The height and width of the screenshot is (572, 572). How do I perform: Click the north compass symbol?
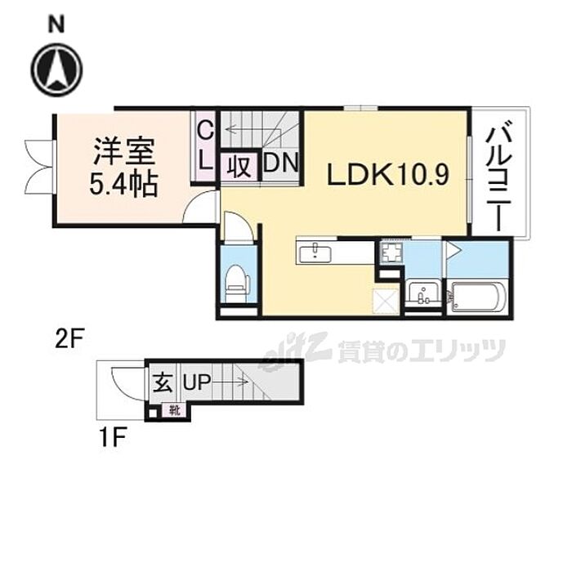pyautogui.click(x=56, y=67)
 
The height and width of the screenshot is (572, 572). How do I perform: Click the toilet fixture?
pyautogui.click(x=237, y=280)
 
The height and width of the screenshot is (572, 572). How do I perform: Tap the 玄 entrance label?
pyautogui.click(x=161, y=382)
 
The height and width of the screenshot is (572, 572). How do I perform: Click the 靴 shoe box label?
pyautogui.click(x=174, y=410)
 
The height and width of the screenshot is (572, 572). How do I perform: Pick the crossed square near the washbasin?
pyautogui.click(x=384, y=302)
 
